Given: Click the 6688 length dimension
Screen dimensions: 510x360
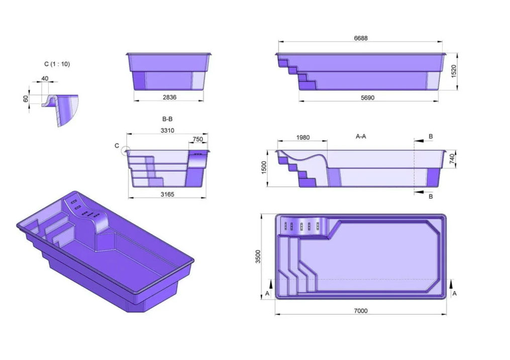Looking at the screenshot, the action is point(360,38).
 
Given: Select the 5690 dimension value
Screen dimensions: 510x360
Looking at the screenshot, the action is point(367,98).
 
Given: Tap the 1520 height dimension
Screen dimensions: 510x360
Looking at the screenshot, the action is point(454,71).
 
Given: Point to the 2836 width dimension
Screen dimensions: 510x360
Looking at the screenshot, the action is point(169,97).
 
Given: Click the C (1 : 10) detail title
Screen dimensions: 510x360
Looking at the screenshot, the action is point(57,64).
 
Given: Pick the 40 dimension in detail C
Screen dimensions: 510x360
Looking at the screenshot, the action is point(45,78).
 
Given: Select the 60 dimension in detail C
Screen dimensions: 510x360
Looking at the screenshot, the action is point(26,99).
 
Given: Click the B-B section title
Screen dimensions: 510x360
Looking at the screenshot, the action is point(167,119).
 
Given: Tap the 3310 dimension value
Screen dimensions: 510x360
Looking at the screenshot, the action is point(167,131).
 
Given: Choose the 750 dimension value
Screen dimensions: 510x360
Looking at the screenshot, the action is point(198,139).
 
